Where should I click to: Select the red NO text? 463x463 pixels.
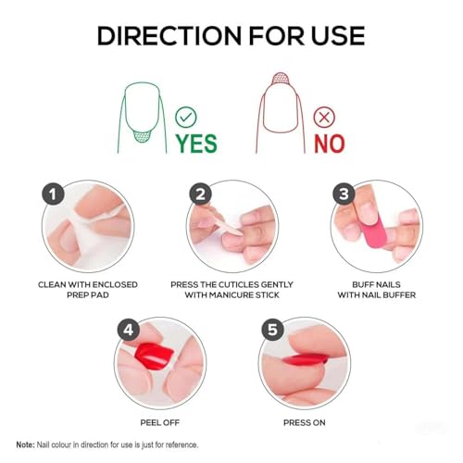[328, 144]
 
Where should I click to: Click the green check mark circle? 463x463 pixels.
[187, 117]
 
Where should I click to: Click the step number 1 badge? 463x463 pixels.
[54, 193]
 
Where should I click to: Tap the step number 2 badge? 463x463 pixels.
[199, 193]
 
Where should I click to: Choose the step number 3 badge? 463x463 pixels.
[344, 193]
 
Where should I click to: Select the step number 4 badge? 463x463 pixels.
[128, 328]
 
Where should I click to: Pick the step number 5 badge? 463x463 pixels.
[272, 328]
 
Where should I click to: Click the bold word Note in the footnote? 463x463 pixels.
[27, 444]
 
